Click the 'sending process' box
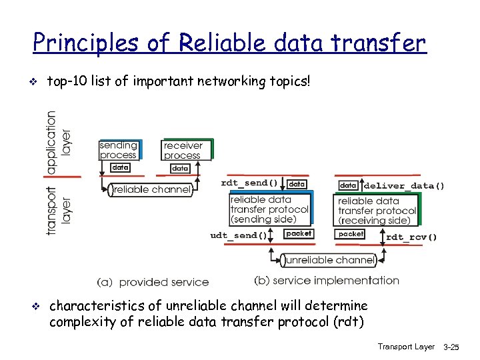coord(118,150)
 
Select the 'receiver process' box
coord(183,150)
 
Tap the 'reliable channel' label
coord(151,190)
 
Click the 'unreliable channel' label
coord(327,260)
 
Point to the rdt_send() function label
coord(249,183)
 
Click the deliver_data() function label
coord(404,186)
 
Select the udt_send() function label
coord(239,235)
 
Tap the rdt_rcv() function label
coord(411,237)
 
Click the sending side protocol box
coord(269,209)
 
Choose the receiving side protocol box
coord(377,210)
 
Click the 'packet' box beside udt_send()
coord(298,233)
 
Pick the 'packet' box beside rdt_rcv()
coord(351,234)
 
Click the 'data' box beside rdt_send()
coord(297,183)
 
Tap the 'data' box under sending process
coord(120,167)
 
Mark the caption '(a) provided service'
coord(153,282)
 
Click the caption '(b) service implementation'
coord(327,281)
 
